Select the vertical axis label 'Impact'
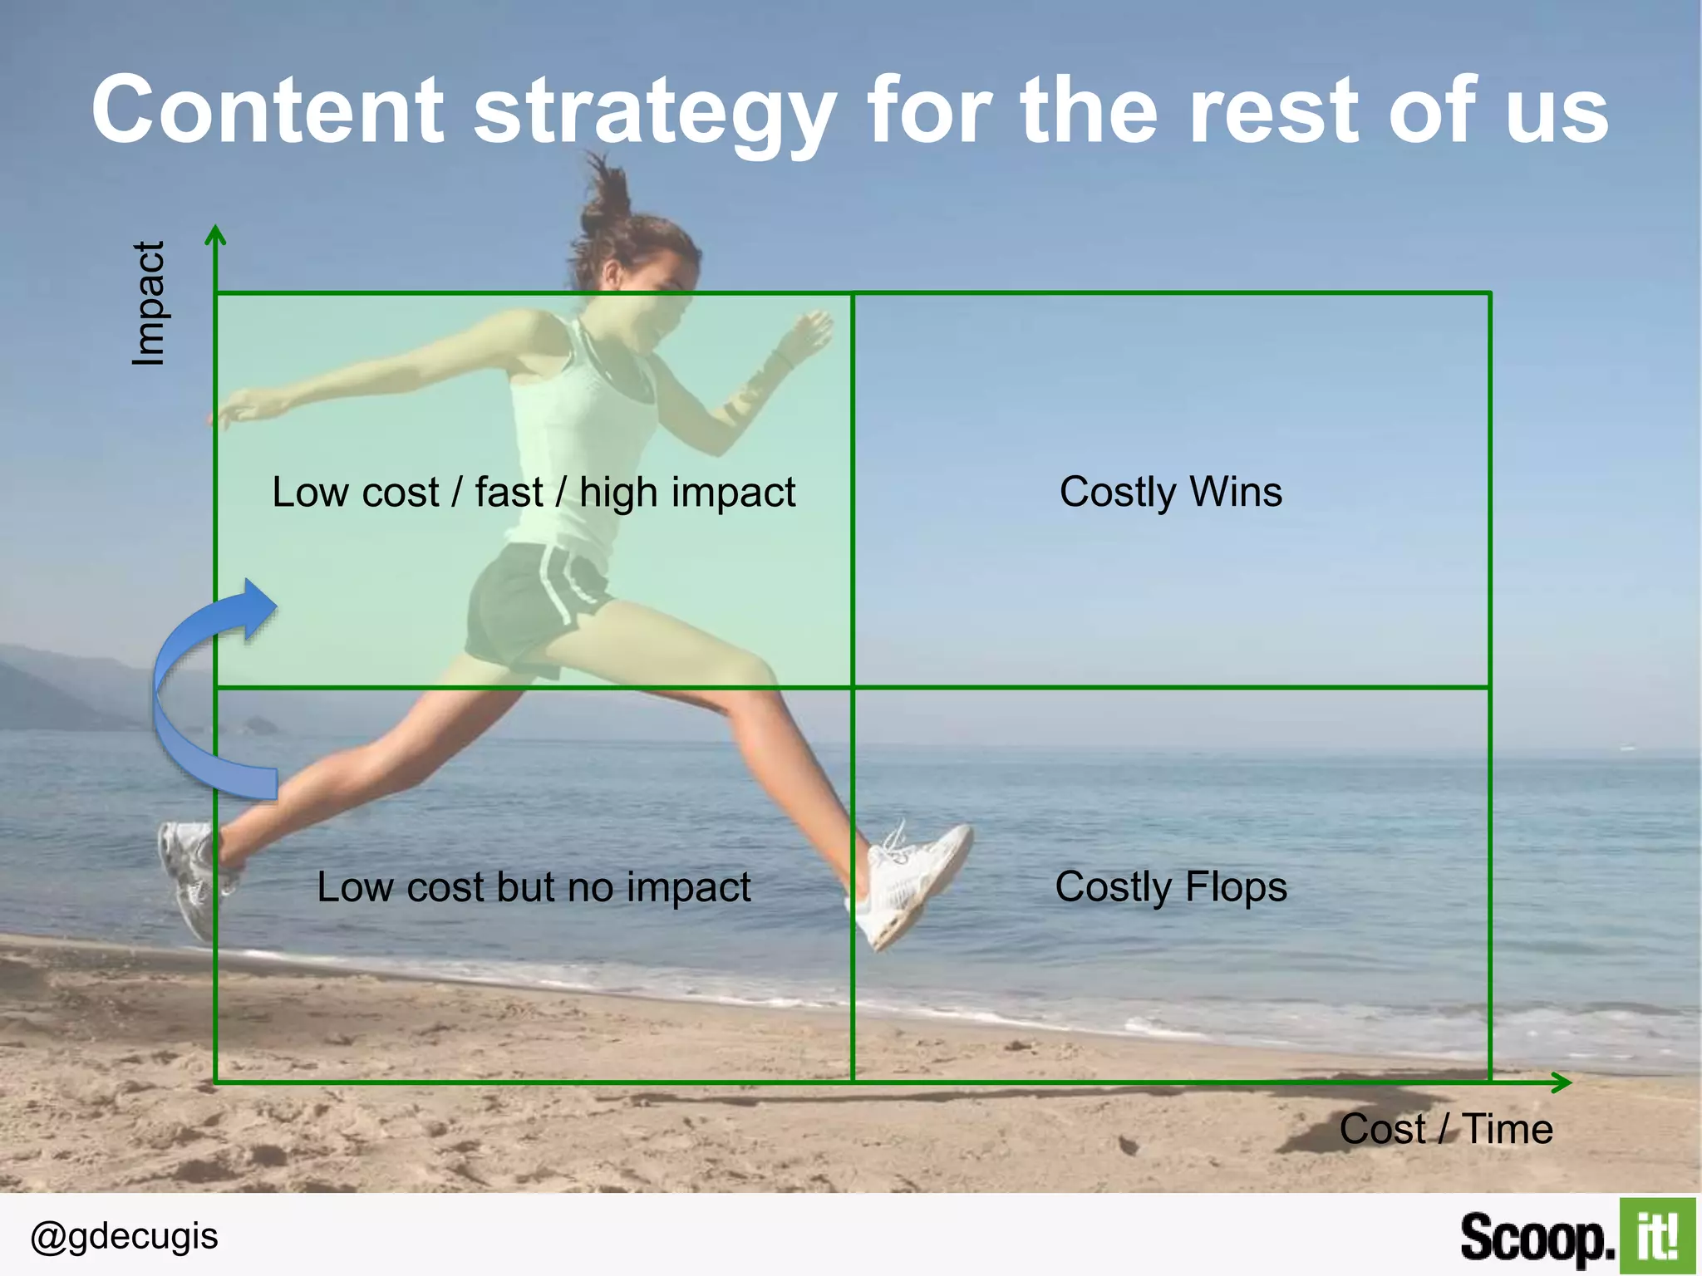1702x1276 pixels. click(x=150, y=304)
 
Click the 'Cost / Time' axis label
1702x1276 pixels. click(x=1446, y=1129)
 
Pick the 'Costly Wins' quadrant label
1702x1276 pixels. click(x=1170, y=492)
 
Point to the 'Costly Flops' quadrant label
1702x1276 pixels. click(x=1170, y=886)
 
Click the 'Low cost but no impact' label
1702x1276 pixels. click(x=534, y=886)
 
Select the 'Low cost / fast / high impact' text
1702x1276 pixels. click(x=534, y=492)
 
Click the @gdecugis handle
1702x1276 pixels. click(x=124, y=1236)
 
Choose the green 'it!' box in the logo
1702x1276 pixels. click(x=1656, y=1235)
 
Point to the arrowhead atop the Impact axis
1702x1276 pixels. click(x=215, y=234)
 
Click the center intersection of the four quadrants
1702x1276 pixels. click(x=853, y=687)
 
